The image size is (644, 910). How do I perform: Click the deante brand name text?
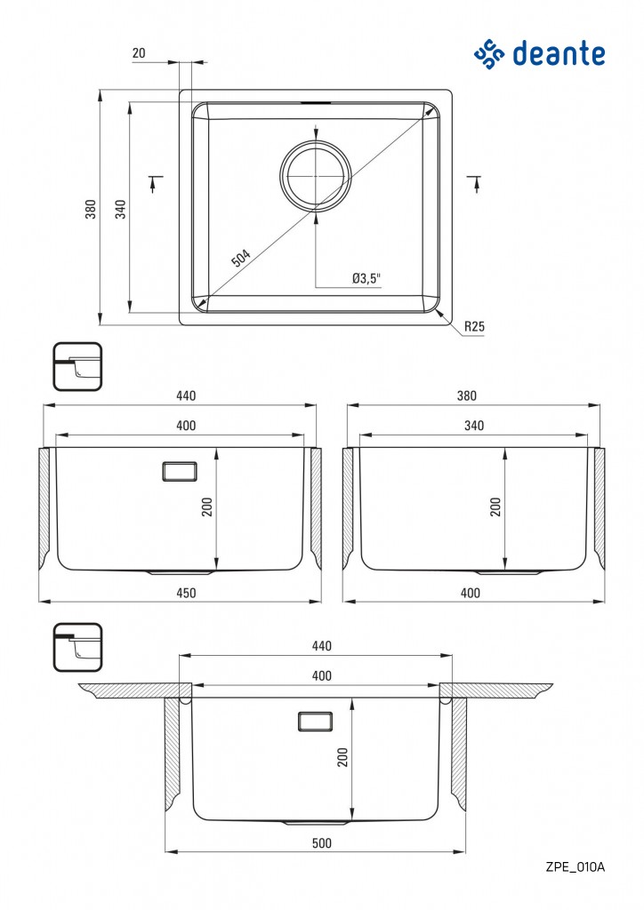coord(559,54)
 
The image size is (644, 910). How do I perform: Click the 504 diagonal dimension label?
coord(241,257)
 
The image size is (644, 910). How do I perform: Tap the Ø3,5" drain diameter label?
coord(366,278)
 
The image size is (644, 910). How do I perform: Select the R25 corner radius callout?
coord(474,326)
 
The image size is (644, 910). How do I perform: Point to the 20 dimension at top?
coord(139,52)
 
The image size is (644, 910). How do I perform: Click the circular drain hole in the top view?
coord(315,175)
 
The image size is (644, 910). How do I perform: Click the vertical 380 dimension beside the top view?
coord(91,209)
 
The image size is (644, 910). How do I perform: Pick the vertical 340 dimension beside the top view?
coord(120,209)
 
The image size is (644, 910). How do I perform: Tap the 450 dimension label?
coord(186,593)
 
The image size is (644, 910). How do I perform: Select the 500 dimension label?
coord(322,842)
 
